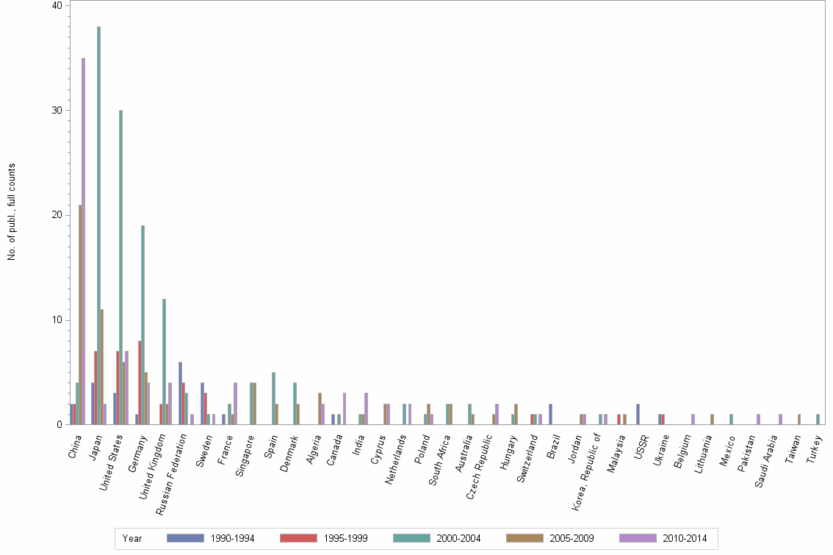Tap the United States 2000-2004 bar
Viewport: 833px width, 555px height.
(x=120, y=267)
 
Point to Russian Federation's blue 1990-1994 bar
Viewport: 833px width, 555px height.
(x=180, y=393)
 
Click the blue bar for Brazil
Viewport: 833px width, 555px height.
(x=550, y=414)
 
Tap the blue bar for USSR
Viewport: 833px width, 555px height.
(x=638, y=414)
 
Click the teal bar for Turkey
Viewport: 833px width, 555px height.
(x=818, y=419)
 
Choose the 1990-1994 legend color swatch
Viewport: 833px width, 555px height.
(x=184, y=538)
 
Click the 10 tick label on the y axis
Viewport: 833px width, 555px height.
(x=58, y=320)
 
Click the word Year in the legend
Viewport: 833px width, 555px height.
(x=132, y=539)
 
